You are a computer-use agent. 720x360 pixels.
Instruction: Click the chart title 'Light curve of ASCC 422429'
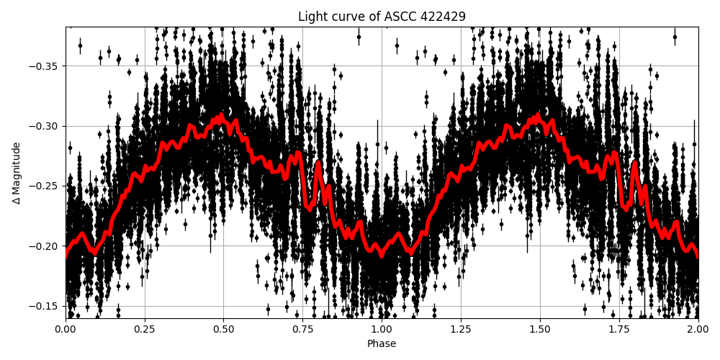[x=382, y=17]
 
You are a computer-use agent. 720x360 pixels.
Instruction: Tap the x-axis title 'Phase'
[x=382, y=344]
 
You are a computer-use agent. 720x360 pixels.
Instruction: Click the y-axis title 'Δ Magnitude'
[x=17, y=173]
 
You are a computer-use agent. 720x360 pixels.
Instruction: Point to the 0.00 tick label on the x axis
[x=66, y=330]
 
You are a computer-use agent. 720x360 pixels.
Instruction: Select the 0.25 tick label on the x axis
[x=145, y=330]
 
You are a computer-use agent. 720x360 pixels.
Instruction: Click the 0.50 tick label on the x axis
[x=223, y=330]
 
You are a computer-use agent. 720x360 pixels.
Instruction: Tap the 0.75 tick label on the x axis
[x=302, y=330]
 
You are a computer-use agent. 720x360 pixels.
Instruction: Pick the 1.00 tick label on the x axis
[x=382, y=330]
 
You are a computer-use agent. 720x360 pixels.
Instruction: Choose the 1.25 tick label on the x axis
[x=461, y=330]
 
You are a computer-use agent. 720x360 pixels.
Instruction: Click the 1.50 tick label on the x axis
[x=540, y=330]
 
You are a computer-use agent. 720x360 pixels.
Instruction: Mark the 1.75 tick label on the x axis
[x=619, y=330]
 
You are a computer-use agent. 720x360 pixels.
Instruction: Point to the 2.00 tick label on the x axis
[x=698, y=330]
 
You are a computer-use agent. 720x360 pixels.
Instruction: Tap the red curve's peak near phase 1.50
[x=537, y=115]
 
